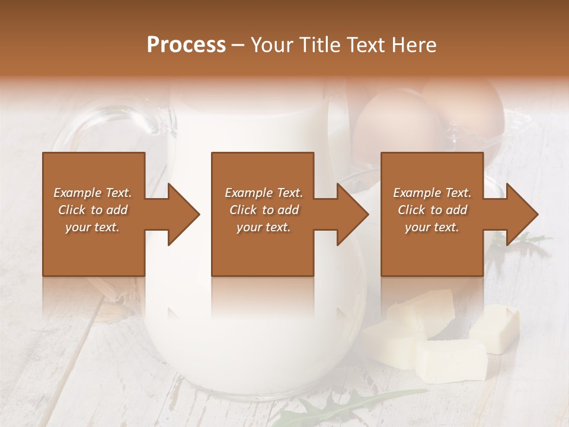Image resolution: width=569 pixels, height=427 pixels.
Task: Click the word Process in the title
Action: (186, 45)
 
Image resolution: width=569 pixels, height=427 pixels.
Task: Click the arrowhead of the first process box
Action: (183, 214)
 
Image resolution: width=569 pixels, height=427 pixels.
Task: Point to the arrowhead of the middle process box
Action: (351, 214)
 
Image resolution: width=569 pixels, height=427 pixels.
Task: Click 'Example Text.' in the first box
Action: (92, 193)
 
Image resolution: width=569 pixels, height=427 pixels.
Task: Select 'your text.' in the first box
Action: (92, 227)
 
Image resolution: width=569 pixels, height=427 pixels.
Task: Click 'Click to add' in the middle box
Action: (264, 210)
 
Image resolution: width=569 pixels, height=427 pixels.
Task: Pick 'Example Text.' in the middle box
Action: (264, 193)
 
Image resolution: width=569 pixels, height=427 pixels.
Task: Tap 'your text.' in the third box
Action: (432, 227)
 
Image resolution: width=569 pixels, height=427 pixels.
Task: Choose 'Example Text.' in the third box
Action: (432, 193)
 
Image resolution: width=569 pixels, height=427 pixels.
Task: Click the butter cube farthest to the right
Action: (495, 328)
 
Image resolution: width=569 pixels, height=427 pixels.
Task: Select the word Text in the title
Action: (365, 45)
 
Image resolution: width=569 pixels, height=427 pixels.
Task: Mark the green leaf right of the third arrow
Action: (528, 241)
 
